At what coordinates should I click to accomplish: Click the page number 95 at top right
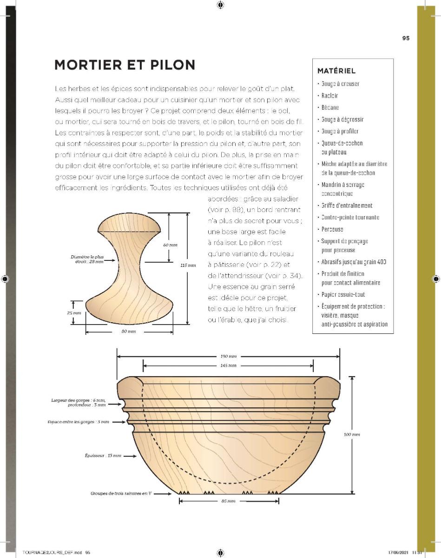tap(406, 39)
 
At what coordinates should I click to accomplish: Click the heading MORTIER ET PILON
tap(125, 65)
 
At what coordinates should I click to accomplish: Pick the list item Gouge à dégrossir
tap(342, 120)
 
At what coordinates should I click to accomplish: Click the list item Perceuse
tap(332, 229)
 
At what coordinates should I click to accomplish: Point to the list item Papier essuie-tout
tap(343, 294)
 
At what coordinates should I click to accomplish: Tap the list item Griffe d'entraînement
tap(347, 206)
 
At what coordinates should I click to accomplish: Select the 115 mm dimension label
tap(188, 266)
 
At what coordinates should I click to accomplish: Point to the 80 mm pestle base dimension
tap(129, 332)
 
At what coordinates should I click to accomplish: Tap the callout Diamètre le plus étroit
tap(87, 259)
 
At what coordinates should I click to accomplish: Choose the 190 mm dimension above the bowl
tap(228, 356)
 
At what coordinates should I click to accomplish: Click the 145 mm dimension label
tap(228, 365)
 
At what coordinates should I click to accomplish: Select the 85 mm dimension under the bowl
tap(228, 501)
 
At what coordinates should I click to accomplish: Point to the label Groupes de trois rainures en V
tap(121, 493)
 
